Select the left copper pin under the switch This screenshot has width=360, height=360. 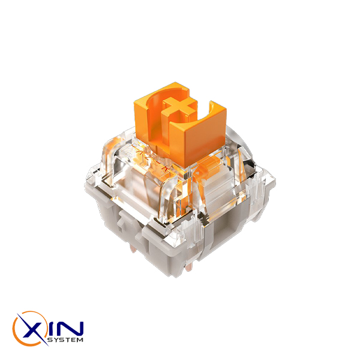(133, 248)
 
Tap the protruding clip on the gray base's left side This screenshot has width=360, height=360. (124, 220)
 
